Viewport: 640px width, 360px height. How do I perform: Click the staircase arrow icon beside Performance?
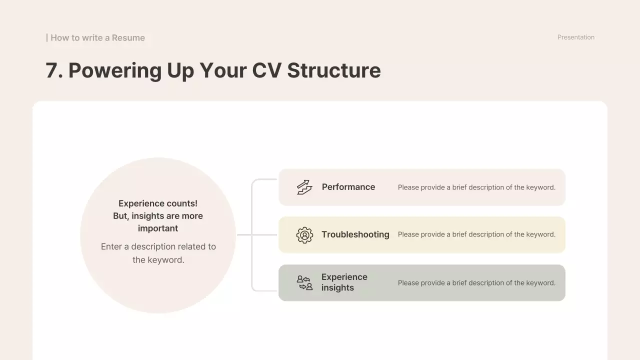[x=304, y=187]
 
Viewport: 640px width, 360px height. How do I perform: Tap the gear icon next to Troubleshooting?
[x=304, y=235]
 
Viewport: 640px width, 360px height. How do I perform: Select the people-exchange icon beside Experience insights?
[x=304, y=283]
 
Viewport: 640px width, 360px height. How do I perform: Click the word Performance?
[x=348, y=187]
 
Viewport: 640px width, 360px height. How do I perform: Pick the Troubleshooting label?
[x=355, y=234]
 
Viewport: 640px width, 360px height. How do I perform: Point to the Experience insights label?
[x=344, y=282]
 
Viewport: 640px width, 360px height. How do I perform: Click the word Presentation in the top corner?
[x=576, y=37]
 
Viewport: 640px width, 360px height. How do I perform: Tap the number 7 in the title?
[x=51, y=70]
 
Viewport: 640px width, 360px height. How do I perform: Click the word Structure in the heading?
[x=334, y=70]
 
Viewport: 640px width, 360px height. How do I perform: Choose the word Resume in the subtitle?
[x=128, y=38]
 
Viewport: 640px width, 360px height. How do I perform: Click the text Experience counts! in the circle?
[x=158, y=203]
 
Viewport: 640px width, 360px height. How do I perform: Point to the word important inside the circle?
[x=158, y=228]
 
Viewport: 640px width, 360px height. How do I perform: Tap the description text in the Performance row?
[x=476, y=187]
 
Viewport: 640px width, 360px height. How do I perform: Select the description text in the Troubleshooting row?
[x=476, y=234]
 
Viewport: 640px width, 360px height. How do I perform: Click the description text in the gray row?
[x=476, y=283]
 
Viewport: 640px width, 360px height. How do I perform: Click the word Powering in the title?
[x=114, y=70]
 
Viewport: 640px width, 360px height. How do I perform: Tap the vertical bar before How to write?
[x=47, y=37]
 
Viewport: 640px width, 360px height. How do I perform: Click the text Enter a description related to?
[x=158, y=246]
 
